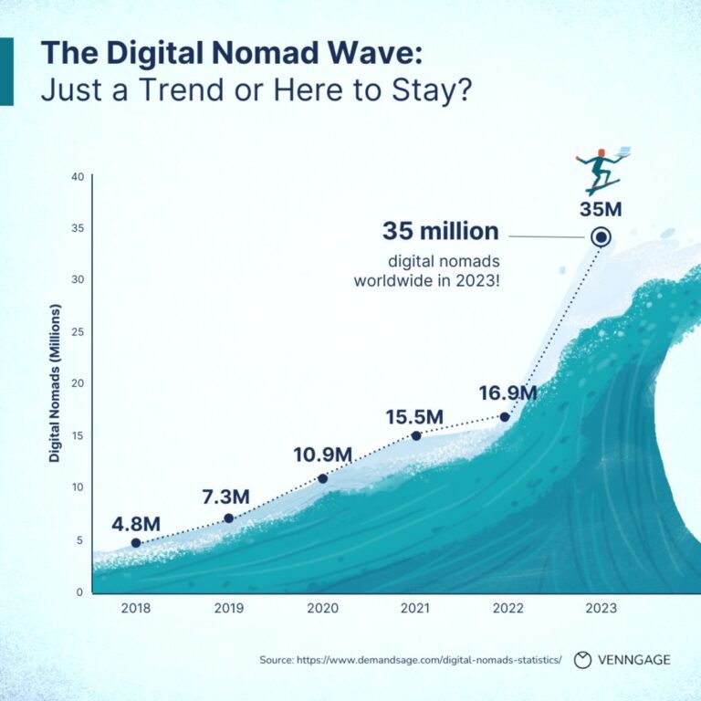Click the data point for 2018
[136, 543]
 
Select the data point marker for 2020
[323, 479]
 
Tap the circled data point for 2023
[601, 237]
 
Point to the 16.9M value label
[507, 393]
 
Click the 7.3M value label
[225, 497]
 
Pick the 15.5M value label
[415, 416]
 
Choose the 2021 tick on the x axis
[415, 608]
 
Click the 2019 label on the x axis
[229, 608]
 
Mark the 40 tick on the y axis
[78, 176]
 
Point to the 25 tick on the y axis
[78, 331]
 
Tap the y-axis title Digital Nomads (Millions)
[55, 383]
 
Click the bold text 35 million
[440, 231]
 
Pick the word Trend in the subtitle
[181, 89]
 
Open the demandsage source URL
[429, 660]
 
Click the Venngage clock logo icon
[582, 660]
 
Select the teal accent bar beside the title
[6, 71]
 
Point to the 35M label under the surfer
[601, 209]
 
